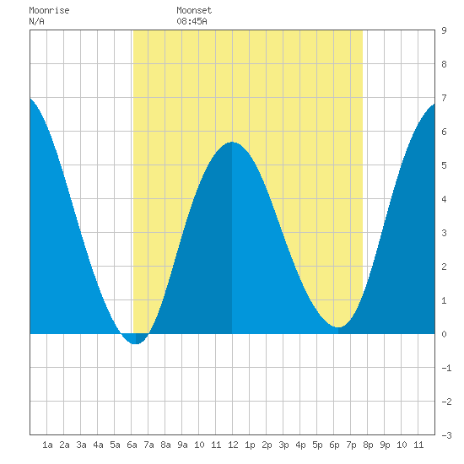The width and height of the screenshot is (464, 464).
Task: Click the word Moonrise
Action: coord(49,10)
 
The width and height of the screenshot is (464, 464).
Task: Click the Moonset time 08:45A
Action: coord(192,21)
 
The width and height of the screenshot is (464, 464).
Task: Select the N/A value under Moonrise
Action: coord(36,21)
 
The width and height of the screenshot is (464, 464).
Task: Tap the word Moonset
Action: coord(194,10)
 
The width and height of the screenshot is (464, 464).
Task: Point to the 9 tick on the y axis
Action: coord(444,30)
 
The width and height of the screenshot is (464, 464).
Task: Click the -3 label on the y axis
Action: coord(446,435)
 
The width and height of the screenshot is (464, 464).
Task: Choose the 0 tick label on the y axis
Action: coord(444,334)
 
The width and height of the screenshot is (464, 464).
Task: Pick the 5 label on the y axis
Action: coord(444,165)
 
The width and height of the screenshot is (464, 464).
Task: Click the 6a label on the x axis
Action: coord(132,445)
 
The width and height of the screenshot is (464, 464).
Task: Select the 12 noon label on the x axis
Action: coord(233,445)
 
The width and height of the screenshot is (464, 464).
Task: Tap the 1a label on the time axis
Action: coord(47,445)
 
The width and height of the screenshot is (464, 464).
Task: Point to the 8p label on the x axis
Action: coord(368,445)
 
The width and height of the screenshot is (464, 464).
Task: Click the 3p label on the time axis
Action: coord(283,445)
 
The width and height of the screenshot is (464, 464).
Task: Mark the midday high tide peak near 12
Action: coord(232,143)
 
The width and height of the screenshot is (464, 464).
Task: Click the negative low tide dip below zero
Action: coord(135,343)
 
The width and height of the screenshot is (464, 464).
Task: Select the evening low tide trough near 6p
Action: coord(338,327)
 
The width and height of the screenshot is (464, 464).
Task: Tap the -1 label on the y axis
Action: coord(446,368)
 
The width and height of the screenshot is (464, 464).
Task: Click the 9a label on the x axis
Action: coord(182,445)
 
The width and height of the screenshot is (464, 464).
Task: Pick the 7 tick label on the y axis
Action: coord(444,98)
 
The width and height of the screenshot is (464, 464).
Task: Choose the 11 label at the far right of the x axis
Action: coord(418,445)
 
